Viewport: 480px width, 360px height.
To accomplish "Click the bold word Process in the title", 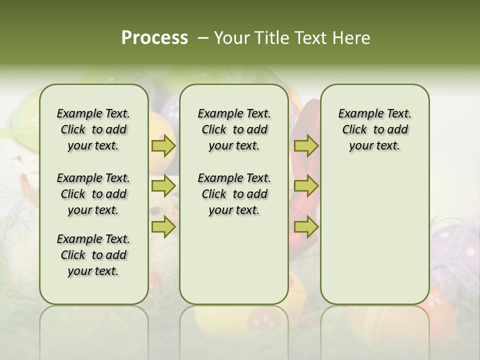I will tap(154, 37).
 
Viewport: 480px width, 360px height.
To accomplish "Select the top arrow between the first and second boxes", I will tap(163, 145).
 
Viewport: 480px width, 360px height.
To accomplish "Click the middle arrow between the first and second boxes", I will tap(163, 186).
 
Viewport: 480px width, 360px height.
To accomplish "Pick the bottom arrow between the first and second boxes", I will tap(163, 227).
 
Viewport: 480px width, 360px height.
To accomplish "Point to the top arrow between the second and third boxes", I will tap(306, 145).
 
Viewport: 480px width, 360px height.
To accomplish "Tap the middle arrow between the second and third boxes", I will tap(306, 186).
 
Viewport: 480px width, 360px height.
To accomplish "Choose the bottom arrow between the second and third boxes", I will tap(306, 227).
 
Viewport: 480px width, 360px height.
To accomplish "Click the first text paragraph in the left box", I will tap(93, 129).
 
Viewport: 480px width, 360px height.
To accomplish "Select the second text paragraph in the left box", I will tap(93, 194).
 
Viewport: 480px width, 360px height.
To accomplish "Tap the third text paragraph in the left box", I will tap(93, 255).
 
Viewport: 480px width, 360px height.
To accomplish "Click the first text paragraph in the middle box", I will tap(234, 129).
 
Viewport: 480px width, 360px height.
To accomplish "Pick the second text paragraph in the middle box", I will tap(234, 194).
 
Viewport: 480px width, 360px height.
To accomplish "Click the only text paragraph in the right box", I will tap(374, 129).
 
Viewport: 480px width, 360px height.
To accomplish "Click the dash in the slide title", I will tap(202, 38).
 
